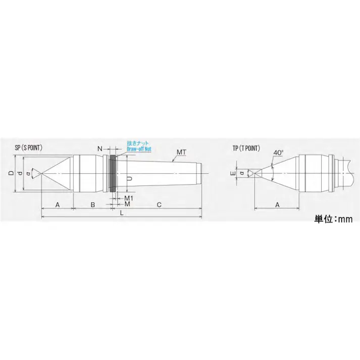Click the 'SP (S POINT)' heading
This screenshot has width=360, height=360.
(29, 148)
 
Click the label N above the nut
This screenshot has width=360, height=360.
(100, 149)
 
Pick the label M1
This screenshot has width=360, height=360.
(128, 197)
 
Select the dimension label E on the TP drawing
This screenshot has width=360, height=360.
(233, 173)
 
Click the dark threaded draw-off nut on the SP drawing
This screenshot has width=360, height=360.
(112, 173)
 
